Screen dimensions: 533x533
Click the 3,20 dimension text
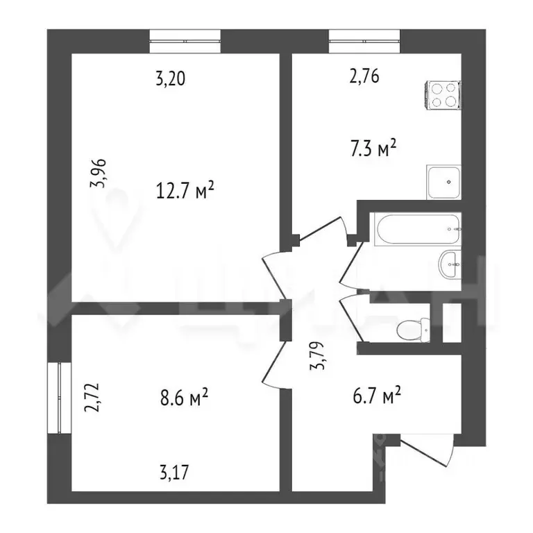tap(170, 78)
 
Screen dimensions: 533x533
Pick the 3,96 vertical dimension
tap(102, 174)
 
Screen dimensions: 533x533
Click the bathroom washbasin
tap(449, 264)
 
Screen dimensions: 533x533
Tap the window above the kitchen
tap(364, 40)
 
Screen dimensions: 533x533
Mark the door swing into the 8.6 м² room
tap(272, 364)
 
